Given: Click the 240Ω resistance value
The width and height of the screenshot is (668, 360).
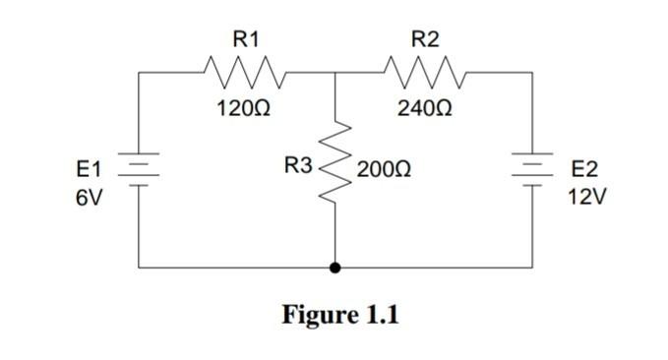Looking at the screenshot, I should click(425, 107).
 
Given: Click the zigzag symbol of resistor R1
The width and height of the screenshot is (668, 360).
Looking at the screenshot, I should click(242, 72).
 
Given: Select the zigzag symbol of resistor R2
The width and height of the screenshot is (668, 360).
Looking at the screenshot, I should click(424, 72).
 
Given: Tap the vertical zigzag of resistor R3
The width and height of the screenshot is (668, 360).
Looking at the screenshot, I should click(336, 168).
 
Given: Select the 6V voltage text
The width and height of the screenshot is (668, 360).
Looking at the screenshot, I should click(89, 196).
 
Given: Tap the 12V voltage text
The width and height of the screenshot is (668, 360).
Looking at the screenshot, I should click(586, 196).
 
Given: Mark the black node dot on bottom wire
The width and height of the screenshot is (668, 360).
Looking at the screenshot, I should click(336, 267).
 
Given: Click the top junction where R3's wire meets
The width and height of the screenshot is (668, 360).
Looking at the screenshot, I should click(336, 72).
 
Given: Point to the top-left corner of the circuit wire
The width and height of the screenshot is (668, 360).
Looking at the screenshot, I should click(139, 72).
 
